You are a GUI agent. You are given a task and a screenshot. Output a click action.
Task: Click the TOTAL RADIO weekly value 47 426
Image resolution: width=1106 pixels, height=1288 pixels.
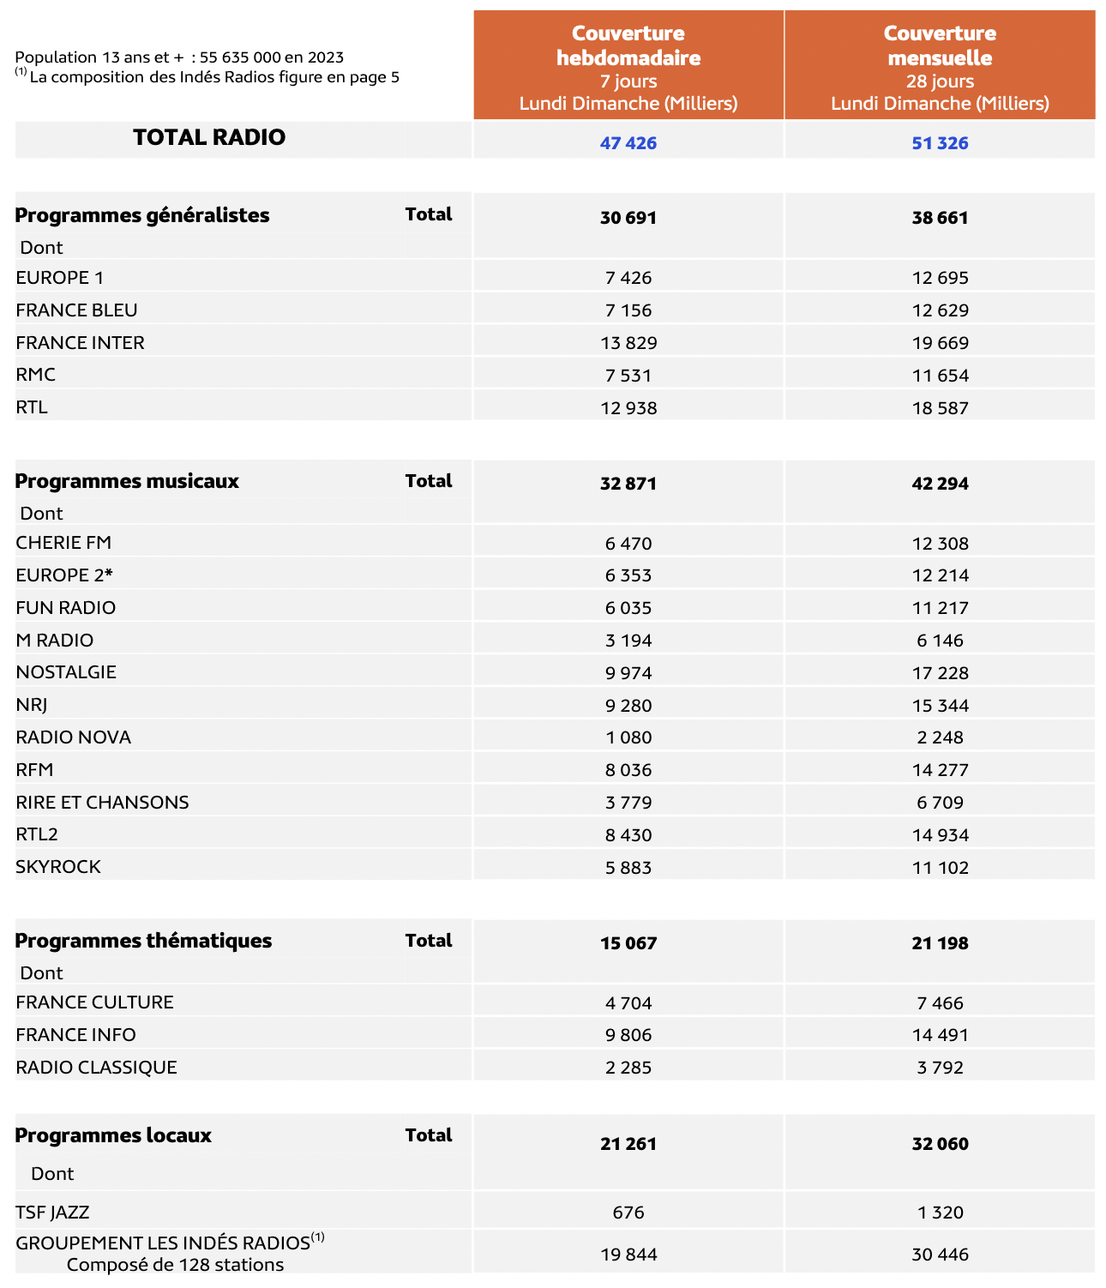(x=628, y=143)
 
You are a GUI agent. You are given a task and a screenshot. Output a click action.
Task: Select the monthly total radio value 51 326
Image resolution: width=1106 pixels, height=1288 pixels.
(x=940, y=143)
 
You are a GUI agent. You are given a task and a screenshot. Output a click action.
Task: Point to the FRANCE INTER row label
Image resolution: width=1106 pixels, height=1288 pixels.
(x=80, y=343)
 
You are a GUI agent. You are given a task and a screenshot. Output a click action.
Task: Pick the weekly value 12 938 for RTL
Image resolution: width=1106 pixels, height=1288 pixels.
(x=628, y=408)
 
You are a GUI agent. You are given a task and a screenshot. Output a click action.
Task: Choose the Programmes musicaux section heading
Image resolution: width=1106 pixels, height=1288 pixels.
(x=127, y=481)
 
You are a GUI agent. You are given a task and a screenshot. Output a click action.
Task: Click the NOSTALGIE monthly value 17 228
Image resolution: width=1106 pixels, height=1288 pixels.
(x=940, y=673)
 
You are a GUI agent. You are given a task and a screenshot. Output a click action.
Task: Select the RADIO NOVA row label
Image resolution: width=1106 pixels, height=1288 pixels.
(x=73, y=737)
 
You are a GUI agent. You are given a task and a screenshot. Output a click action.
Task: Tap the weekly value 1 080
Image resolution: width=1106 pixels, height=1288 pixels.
(x=628, y=737)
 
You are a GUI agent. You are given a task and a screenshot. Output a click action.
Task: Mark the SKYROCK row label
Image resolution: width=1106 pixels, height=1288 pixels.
(x=58, y=867)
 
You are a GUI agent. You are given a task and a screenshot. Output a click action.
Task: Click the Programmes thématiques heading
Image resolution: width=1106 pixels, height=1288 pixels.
(x=143, y=941)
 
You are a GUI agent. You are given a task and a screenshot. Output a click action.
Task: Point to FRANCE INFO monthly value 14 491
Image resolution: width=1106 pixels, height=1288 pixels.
(x=940, y=1035)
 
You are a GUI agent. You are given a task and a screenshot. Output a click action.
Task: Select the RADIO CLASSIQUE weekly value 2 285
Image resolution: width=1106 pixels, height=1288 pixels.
(x=628, y=1068)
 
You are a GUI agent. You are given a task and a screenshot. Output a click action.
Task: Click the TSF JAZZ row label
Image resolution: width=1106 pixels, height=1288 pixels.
(x=52, y=1213)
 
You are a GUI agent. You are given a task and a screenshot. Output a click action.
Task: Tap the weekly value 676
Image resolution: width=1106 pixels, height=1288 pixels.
(x=628, y=1213)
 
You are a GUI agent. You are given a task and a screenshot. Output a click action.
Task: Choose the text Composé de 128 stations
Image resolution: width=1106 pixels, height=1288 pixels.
(x=175, y=1265)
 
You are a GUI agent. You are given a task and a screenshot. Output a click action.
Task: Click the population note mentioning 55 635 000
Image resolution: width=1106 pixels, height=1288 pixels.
(x=179, y=57)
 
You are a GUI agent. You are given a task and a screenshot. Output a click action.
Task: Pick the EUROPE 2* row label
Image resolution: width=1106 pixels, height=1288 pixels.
(x=64, y=575)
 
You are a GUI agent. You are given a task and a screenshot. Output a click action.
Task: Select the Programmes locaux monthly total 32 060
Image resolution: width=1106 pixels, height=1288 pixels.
(x=940, y=1144)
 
